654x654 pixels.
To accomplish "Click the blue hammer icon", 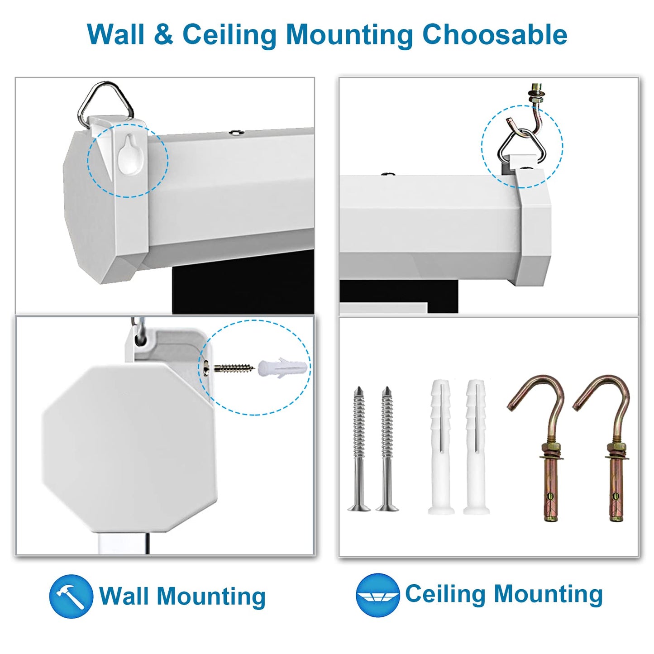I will pos(71,596).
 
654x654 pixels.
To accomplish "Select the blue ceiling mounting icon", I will pos(377,595).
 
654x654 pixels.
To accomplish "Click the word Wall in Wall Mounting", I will pos(123,596).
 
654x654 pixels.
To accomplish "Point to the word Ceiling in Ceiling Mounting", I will pos(445,594).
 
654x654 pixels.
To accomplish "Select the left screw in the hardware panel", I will pos(359,448).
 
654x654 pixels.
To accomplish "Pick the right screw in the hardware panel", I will pos(387,448).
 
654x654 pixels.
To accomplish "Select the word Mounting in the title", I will pos(349,34).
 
